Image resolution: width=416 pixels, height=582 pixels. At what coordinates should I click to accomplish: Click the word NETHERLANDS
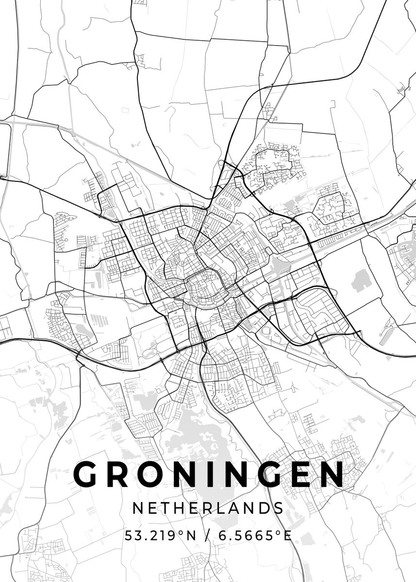coord(208,508)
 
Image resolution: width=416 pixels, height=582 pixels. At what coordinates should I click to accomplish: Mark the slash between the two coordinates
coord(208,536)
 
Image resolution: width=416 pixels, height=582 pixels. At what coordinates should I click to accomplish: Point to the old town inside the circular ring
coord(204,289)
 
